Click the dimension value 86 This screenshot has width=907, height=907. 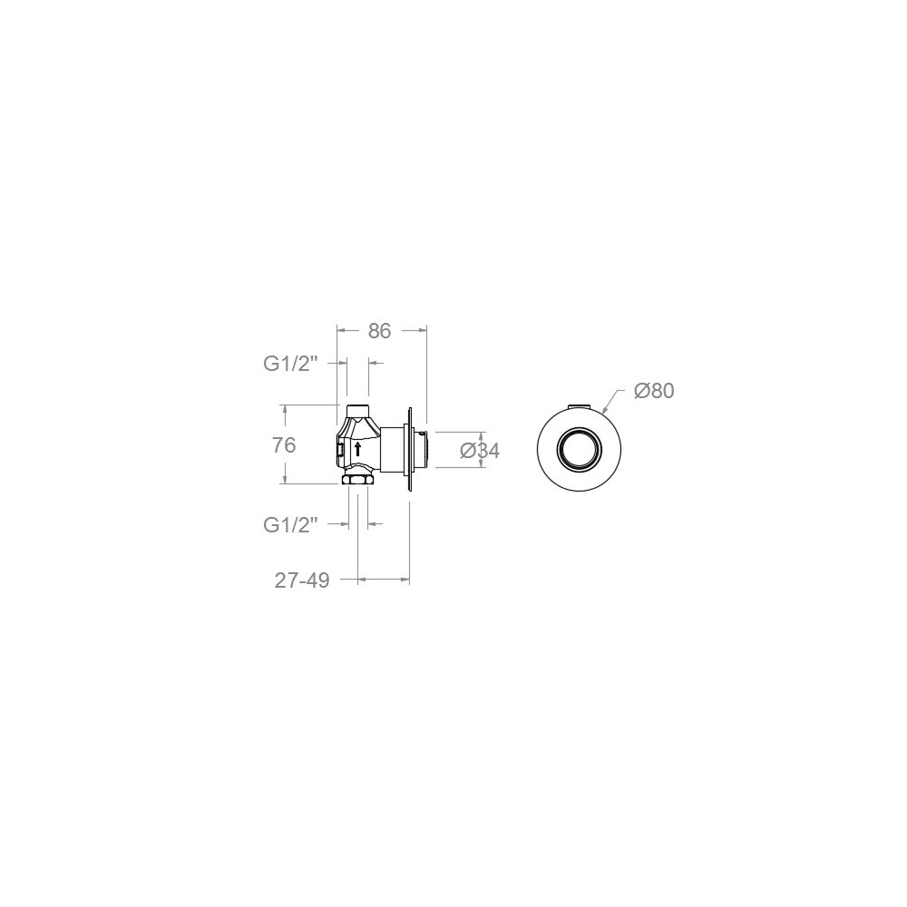[379, 331]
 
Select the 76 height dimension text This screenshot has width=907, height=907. [284, 445]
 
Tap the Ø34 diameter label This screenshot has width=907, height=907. [480, 451]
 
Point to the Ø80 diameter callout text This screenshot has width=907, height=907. [654, 391]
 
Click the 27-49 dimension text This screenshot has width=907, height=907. [302, 580]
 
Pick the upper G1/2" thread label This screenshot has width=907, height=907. [291, 364]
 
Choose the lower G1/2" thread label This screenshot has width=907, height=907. [291, 525]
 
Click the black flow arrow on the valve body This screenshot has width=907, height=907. [358, 448]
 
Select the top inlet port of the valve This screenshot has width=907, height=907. [357, 410]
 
